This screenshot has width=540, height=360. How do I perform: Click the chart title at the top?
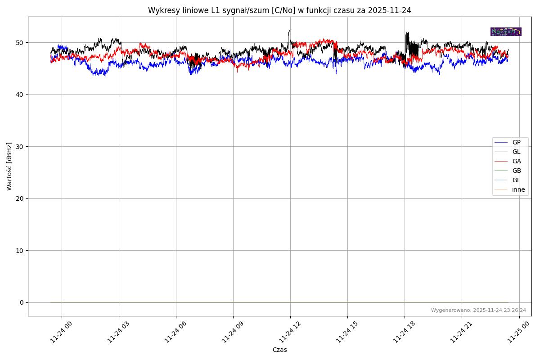(279, 10)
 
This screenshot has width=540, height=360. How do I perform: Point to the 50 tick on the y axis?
(20, 43)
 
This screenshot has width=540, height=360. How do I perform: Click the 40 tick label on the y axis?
(20, 94)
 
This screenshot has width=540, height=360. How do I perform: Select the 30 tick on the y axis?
(20, 147)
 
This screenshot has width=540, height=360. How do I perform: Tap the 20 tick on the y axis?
(20, 198)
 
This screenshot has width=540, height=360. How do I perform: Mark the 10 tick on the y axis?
(20, 251)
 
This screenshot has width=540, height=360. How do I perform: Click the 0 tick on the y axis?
(22, 302)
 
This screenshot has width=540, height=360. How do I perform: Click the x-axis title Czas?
(279, 350)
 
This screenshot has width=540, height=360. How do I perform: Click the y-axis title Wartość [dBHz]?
(9, 166)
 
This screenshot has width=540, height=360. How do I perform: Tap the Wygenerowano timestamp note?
(478, 310)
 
